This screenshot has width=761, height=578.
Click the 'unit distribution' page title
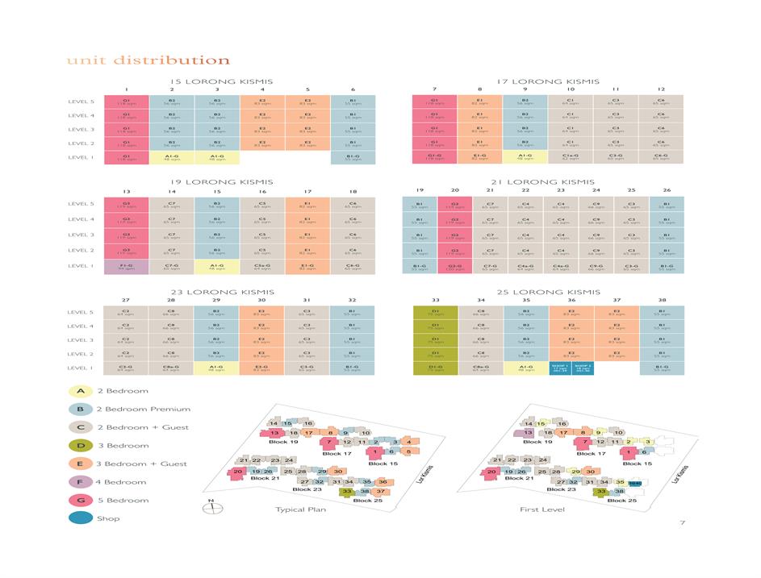148,60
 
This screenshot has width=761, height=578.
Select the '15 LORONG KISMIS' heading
222,81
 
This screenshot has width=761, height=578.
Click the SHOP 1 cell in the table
559,368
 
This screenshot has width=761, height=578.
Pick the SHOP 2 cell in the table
583,368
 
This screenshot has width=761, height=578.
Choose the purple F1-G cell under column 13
126,266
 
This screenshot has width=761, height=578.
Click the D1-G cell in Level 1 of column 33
435,368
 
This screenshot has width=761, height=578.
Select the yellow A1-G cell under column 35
525,368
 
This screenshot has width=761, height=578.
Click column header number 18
353,191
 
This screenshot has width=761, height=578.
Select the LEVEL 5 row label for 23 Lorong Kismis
81,313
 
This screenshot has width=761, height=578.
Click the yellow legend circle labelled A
78,391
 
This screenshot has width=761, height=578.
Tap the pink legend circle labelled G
78,501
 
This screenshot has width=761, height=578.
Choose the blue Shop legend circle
78,519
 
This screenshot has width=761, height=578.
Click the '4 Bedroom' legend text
122,482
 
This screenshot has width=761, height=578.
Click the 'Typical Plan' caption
300,509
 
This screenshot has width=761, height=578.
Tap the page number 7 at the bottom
682,523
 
